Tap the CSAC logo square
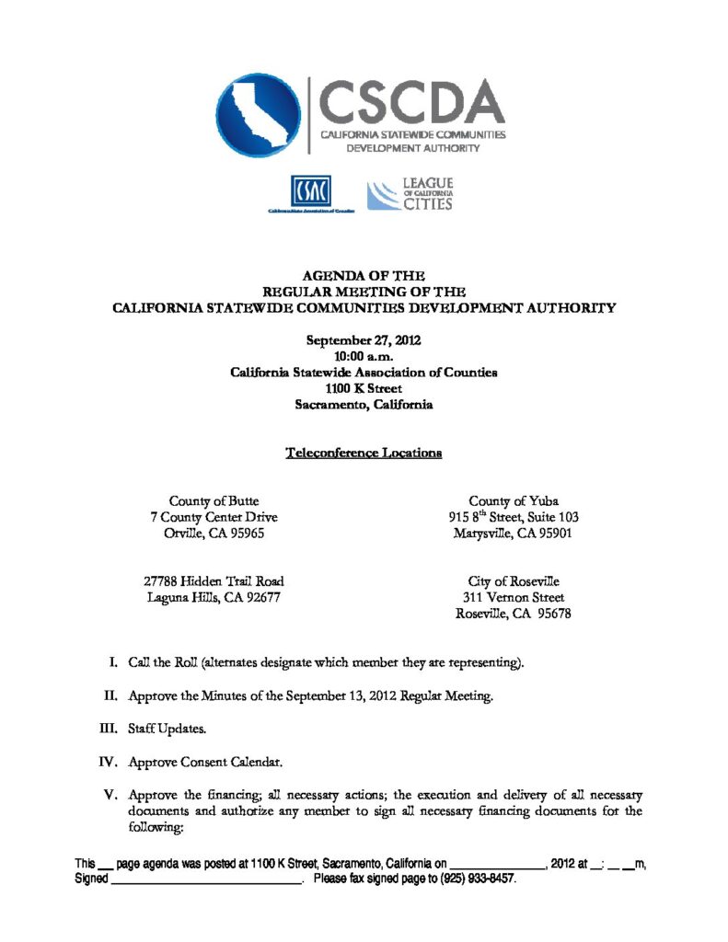[x=310, y=192]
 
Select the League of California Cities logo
[x=410, y=195]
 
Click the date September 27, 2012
[x=363, y=340]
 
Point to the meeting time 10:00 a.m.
[x=364, y=356]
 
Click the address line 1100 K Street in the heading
[x=364, y=388]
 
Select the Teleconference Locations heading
[x=364, y=453]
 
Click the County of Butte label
[x=214, y=501]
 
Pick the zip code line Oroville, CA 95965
[x=214, y=533]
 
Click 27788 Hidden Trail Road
[x=214, y=580]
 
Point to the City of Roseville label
[x=514, y=581]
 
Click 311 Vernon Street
[x=514, y=597]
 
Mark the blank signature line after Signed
[x=207, y=879]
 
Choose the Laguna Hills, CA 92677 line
[x=214, y=597]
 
